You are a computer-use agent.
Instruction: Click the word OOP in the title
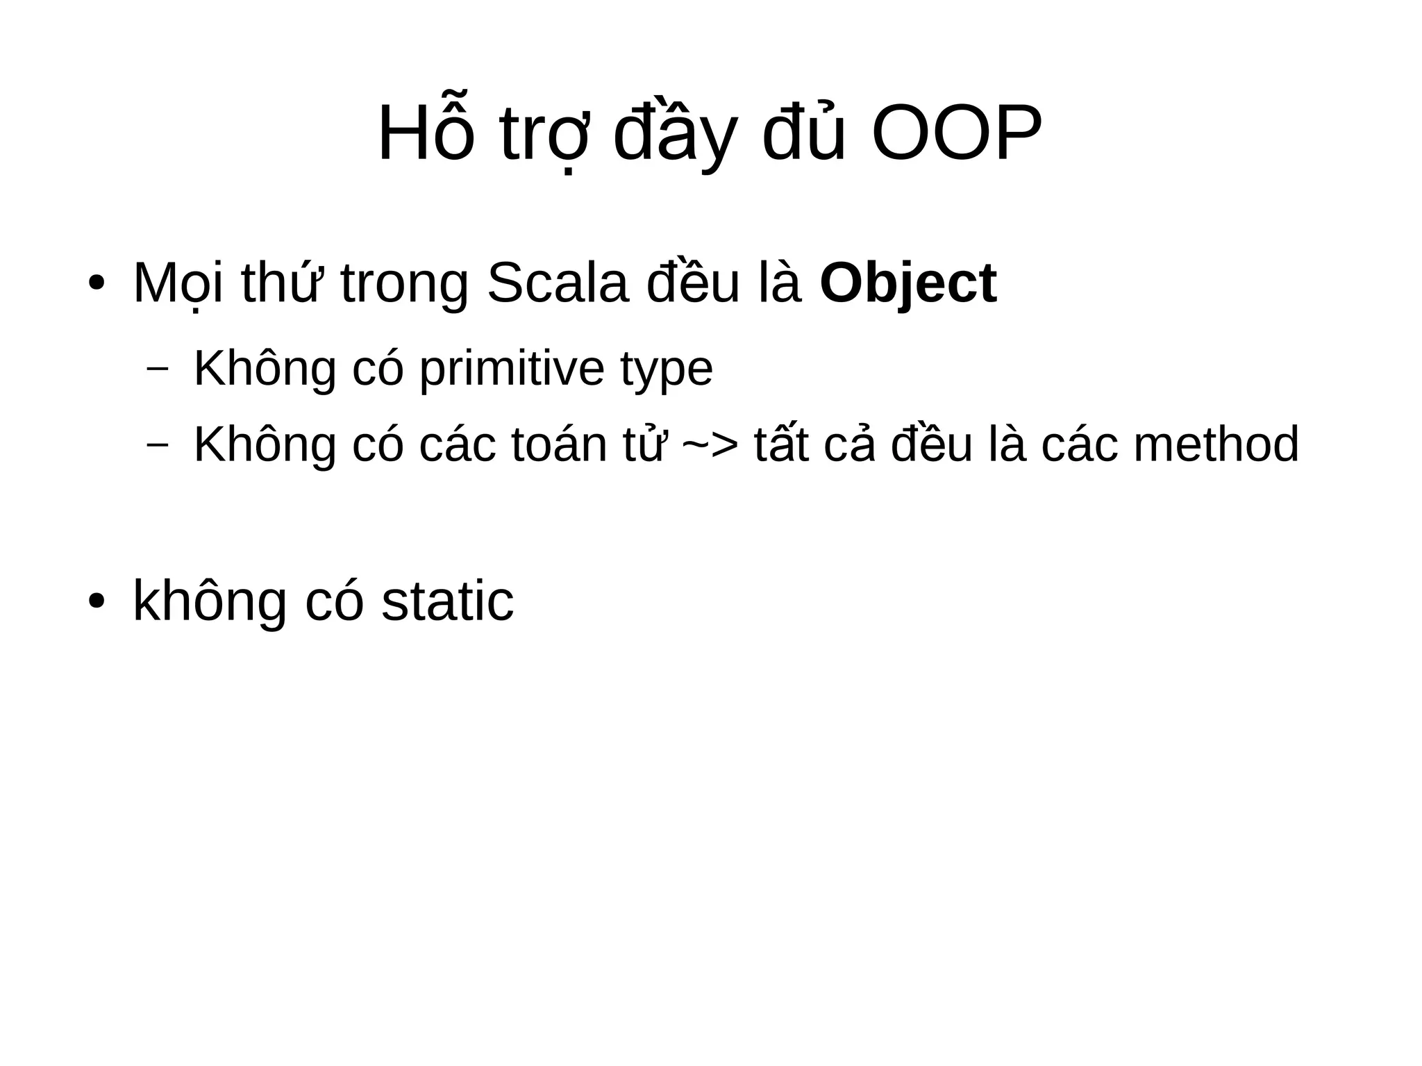956,135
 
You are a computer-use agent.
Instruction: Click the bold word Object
907,283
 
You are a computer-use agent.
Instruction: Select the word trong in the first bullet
404,285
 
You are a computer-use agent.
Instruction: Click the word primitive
512,369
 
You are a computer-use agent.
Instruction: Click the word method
1216,444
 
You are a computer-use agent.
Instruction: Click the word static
448,601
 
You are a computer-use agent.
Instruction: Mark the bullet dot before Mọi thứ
96,285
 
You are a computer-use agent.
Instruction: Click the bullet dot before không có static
96,601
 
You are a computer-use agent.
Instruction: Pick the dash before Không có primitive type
158,369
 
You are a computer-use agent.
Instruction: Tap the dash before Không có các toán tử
158,444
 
